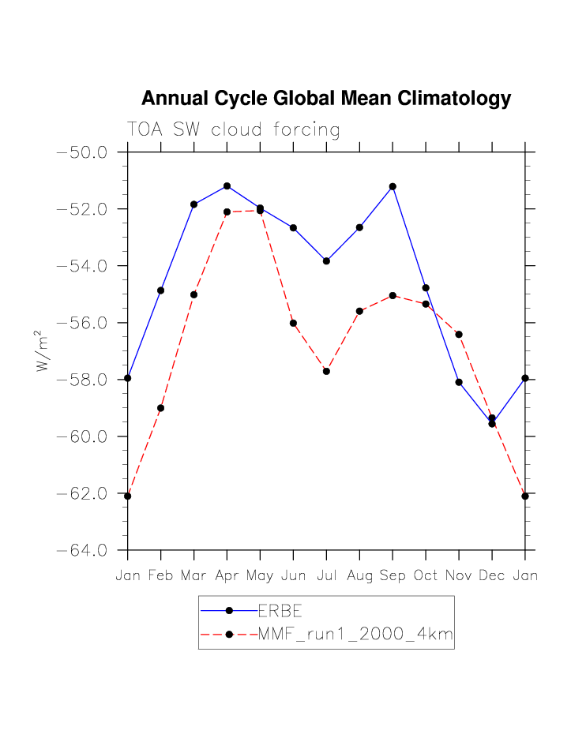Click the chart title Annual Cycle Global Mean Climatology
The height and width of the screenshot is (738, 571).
(x=326, y=99)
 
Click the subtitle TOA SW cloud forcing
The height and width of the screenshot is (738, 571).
(x=234, y=129)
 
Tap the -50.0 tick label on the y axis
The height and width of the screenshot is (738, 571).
(x=82, y=152)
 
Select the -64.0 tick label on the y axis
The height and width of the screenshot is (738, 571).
(x=82, y=550)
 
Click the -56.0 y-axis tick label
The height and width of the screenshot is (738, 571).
(x=82, y=323)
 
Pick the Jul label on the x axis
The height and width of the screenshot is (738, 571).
(x=326, y=575)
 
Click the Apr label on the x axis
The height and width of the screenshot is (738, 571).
(x=227, y=575)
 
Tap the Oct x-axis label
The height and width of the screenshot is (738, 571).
(x=426, y=575)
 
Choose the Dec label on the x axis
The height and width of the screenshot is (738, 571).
(x=492, y=575)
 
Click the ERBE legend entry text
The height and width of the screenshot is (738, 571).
(x=281, y=610)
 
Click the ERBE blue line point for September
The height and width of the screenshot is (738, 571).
(x=393, y=186)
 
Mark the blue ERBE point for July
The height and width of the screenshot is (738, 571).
(x=326, y=260)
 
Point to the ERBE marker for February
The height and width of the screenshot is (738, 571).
(x=161, y=290)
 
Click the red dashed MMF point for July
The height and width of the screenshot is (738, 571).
(x=326, y=371)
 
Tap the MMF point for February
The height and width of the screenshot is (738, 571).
(x=161, y=408)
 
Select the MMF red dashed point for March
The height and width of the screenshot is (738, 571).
(x=193, y=294)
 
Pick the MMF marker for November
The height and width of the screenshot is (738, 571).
(x=459, y=335)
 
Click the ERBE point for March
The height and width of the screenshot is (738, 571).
(x=193, y=204)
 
